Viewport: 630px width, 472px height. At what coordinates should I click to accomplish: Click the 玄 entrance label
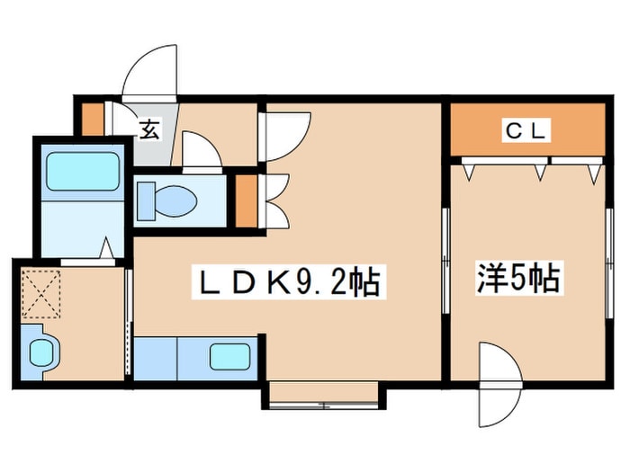[x=148, y=129]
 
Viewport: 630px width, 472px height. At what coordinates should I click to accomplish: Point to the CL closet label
[x=525, y=131]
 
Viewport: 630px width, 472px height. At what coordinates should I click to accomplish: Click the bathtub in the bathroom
[x=83, y=171]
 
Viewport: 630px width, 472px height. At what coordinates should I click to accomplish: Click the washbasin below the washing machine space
[x=41, y=350]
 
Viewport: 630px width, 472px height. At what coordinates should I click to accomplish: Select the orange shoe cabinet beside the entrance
[x=90, y=118]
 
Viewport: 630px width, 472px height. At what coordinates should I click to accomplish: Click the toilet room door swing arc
[x=200, y=150]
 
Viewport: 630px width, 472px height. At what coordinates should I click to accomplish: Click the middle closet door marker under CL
[x=541, y=170]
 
